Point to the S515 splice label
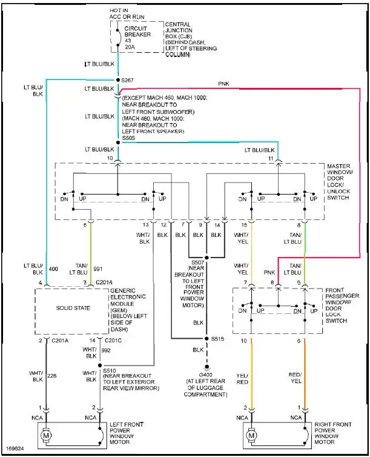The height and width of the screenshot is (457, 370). pos(220,338)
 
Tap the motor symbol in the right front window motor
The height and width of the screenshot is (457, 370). pos(251,436)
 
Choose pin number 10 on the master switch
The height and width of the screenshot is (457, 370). pos(110,158)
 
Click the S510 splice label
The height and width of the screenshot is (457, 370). pos(110,370)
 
